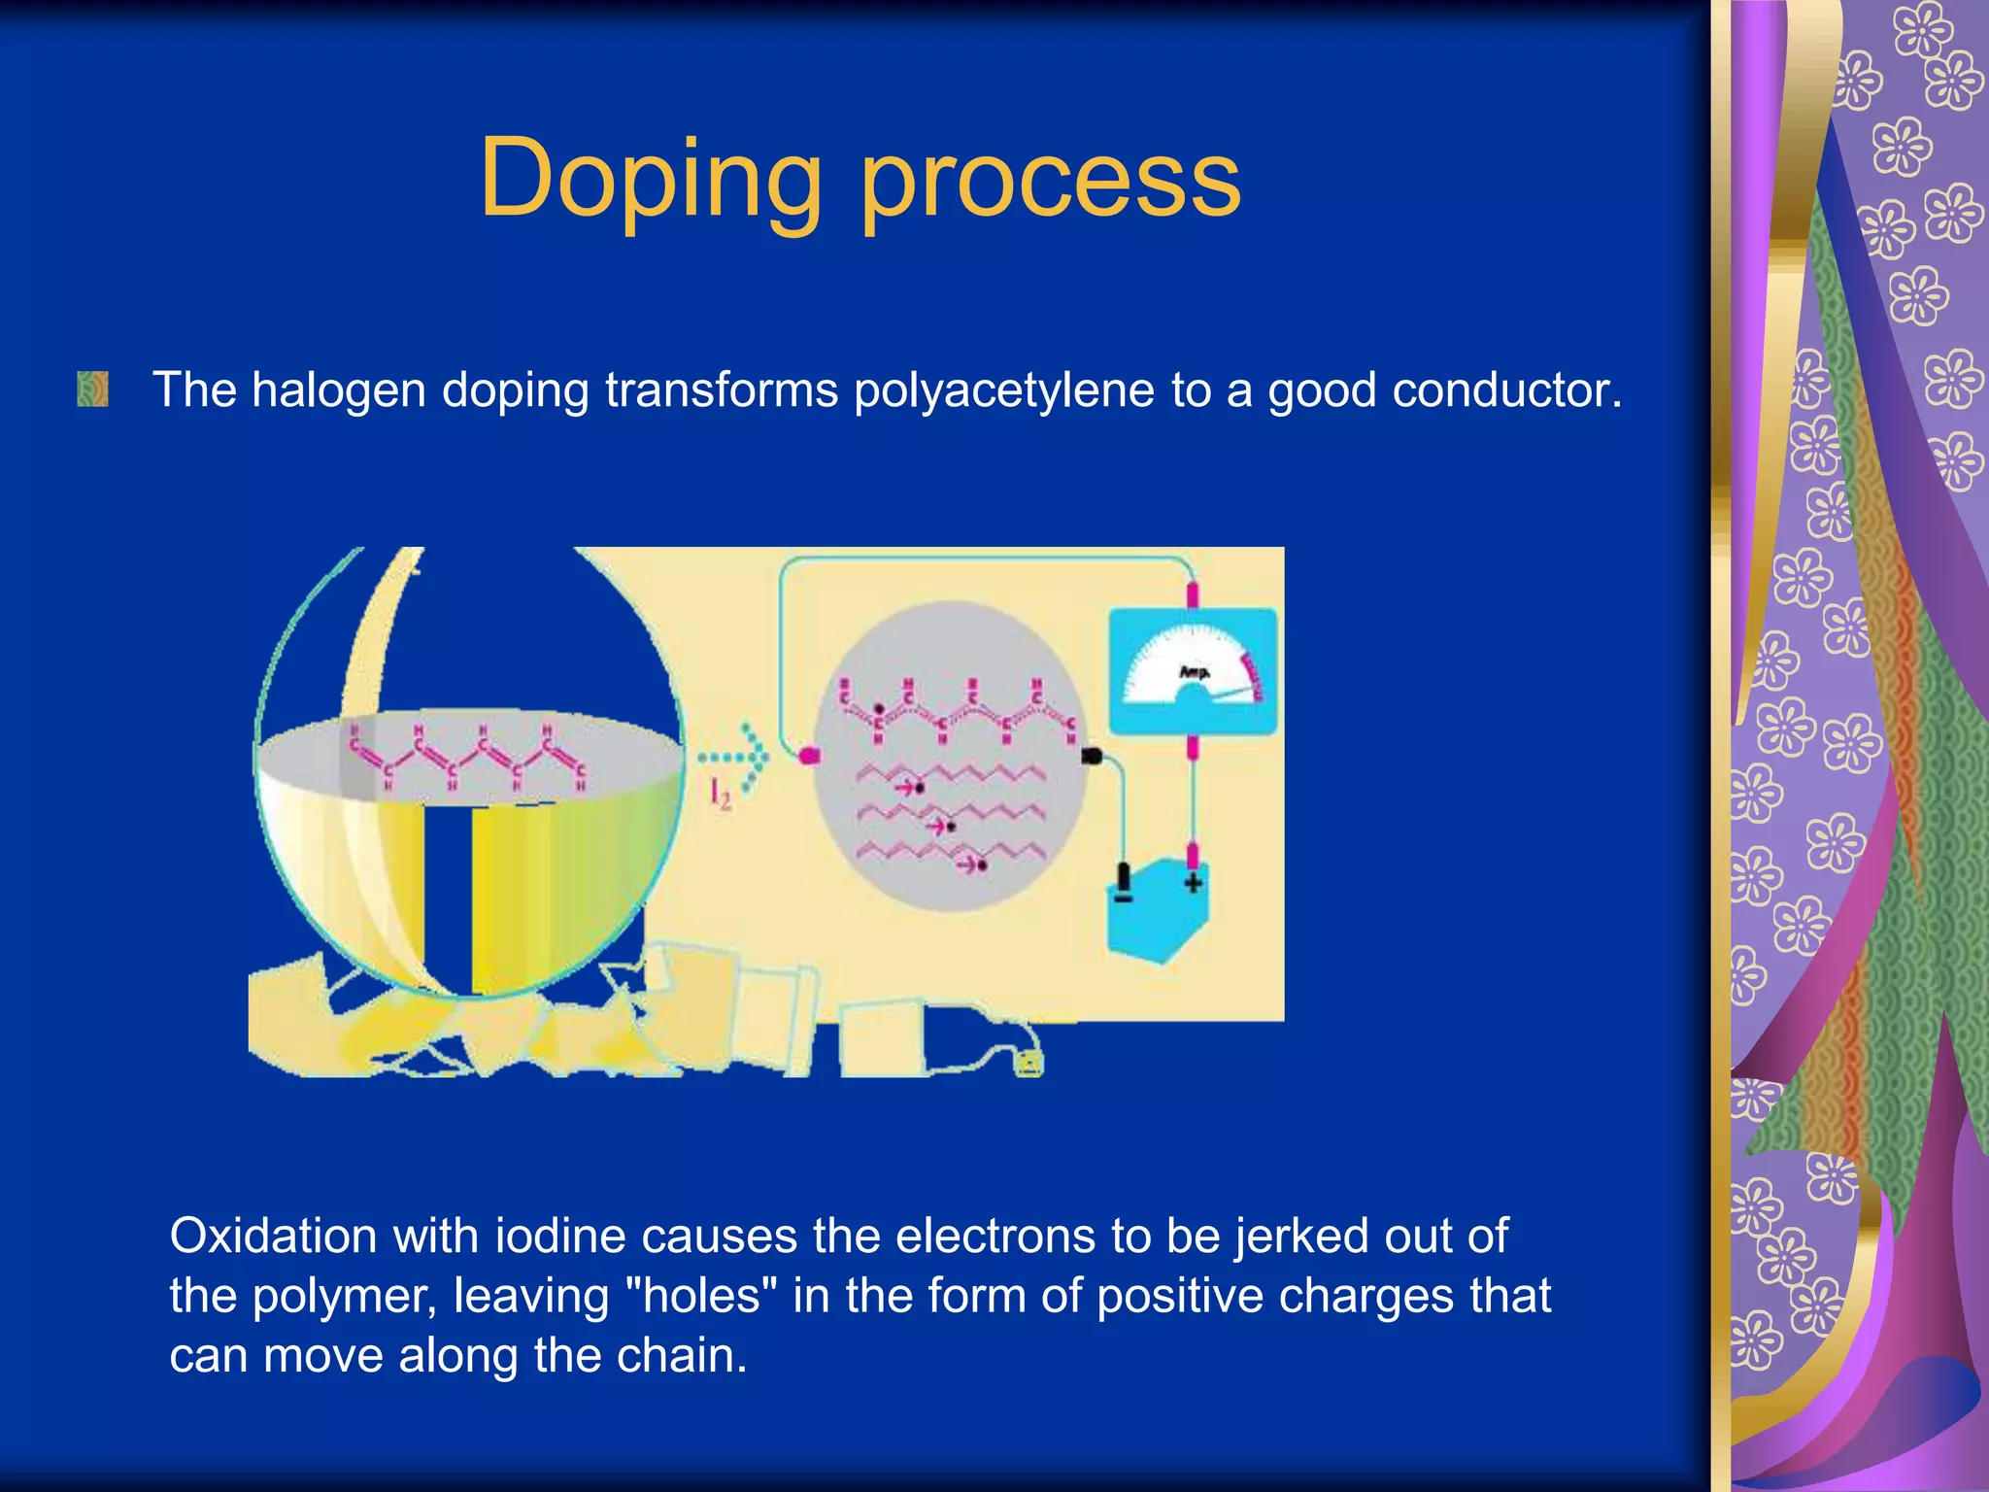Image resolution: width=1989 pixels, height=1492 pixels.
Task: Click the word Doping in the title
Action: tap(651, 180)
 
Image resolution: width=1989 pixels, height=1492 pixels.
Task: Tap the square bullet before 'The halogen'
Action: tap(92, 390)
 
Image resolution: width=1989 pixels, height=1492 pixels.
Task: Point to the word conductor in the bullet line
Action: tap(1505, 390)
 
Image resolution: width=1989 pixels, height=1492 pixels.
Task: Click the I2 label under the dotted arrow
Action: tap(720, 795)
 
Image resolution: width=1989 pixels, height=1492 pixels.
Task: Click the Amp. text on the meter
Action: tap(1194, 671)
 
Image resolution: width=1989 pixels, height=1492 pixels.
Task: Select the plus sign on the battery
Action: tap(1194, 883)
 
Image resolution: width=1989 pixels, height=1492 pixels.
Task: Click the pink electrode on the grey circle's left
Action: tap(809, 755)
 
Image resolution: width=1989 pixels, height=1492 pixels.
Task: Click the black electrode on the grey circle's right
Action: tap(1091, 756)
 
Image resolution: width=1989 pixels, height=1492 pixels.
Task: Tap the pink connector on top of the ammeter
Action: tap(1193, 593)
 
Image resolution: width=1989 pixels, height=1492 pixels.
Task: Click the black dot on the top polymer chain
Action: tap(880, 709)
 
